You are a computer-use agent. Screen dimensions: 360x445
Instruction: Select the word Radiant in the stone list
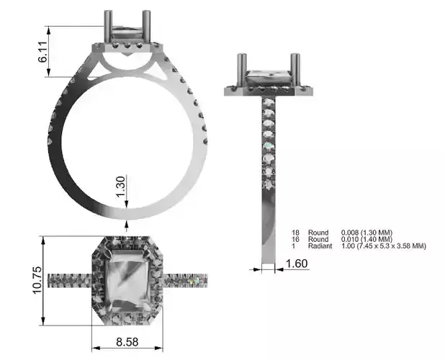pos(320,246)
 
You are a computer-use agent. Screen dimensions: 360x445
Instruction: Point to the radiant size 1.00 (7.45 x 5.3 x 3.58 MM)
pos(383,246)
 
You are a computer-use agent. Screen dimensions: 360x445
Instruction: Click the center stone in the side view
pos(269,77)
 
